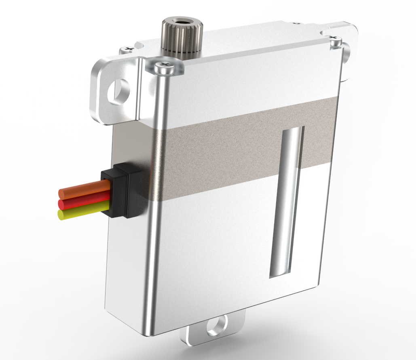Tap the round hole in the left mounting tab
coord(119,90)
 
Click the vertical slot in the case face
coord(287,202)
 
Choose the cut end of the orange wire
coord(61,191)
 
